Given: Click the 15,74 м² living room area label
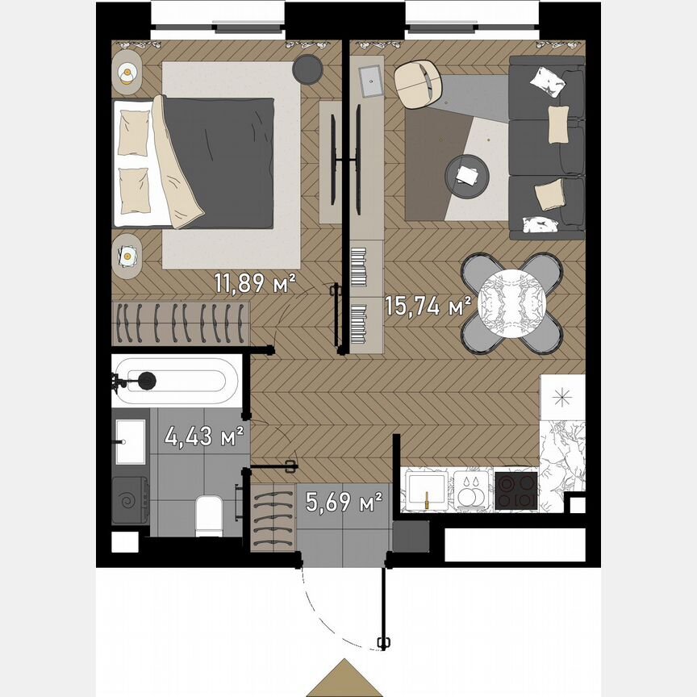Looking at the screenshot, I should pos(428,306).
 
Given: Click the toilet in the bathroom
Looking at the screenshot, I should pos(209,515).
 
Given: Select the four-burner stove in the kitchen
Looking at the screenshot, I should pos(516,490).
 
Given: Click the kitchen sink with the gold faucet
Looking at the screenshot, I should pos(426,490).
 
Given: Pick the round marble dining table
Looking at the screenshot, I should pos(511,304).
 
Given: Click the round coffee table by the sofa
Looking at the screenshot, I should pos(467,174).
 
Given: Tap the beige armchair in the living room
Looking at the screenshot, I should pos(419,85).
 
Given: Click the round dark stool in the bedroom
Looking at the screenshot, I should pos(307,69).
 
